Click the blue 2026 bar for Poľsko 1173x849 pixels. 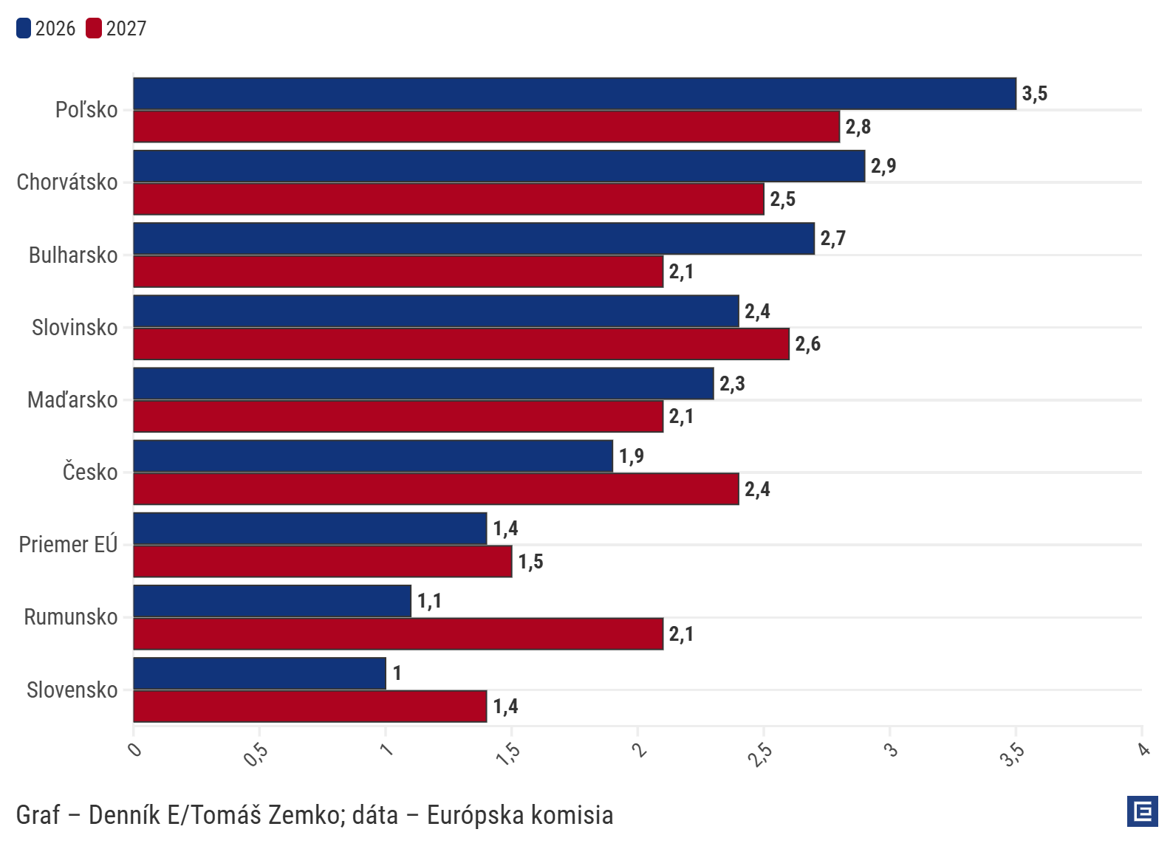(x=575, y=94)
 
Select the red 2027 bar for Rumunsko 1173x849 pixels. (x=398, y=634)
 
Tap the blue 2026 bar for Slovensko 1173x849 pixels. (x=259, y=673)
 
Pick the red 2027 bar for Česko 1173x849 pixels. (x=436, y=489)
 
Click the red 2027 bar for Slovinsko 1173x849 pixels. (x=461, y=344)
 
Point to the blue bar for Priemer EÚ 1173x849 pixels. (x=310, y=529)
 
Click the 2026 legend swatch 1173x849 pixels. (x=24, y=29)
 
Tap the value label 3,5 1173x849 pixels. (x=1034, y=94)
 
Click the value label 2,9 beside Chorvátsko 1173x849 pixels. (x=883, y=166)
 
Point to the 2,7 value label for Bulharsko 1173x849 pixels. (x=832, y=238)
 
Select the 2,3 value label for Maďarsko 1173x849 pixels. (x=731, y=384)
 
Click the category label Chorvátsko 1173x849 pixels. (x=67, y=182)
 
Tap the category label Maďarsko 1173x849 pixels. (x=72, y=400)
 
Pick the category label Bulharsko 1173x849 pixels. (x=73, y=255)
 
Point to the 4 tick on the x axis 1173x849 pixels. (x=1143, y=751)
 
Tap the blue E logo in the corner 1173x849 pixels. (x=1142, y=811)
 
